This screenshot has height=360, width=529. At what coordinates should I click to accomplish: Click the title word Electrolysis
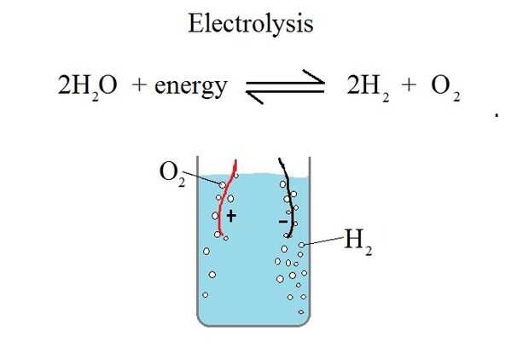250,23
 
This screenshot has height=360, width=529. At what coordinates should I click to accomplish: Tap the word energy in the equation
191,85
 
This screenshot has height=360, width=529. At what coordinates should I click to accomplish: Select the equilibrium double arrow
285,86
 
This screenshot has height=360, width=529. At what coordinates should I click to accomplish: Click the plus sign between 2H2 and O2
407,85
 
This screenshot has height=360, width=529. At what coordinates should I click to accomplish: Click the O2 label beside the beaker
171,173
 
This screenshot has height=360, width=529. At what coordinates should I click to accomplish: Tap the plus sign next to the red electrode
230,217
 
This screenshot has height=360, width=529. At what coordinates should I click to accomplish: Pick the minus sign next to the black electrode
282,222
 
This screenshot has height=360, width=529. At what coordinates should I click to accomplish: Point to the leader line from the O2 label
203,178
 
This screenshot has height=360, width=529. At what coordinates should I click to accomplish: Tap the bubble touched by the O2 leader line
223,183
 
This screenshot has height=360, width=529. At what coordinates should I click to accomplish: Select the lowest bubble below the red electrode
205,295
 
